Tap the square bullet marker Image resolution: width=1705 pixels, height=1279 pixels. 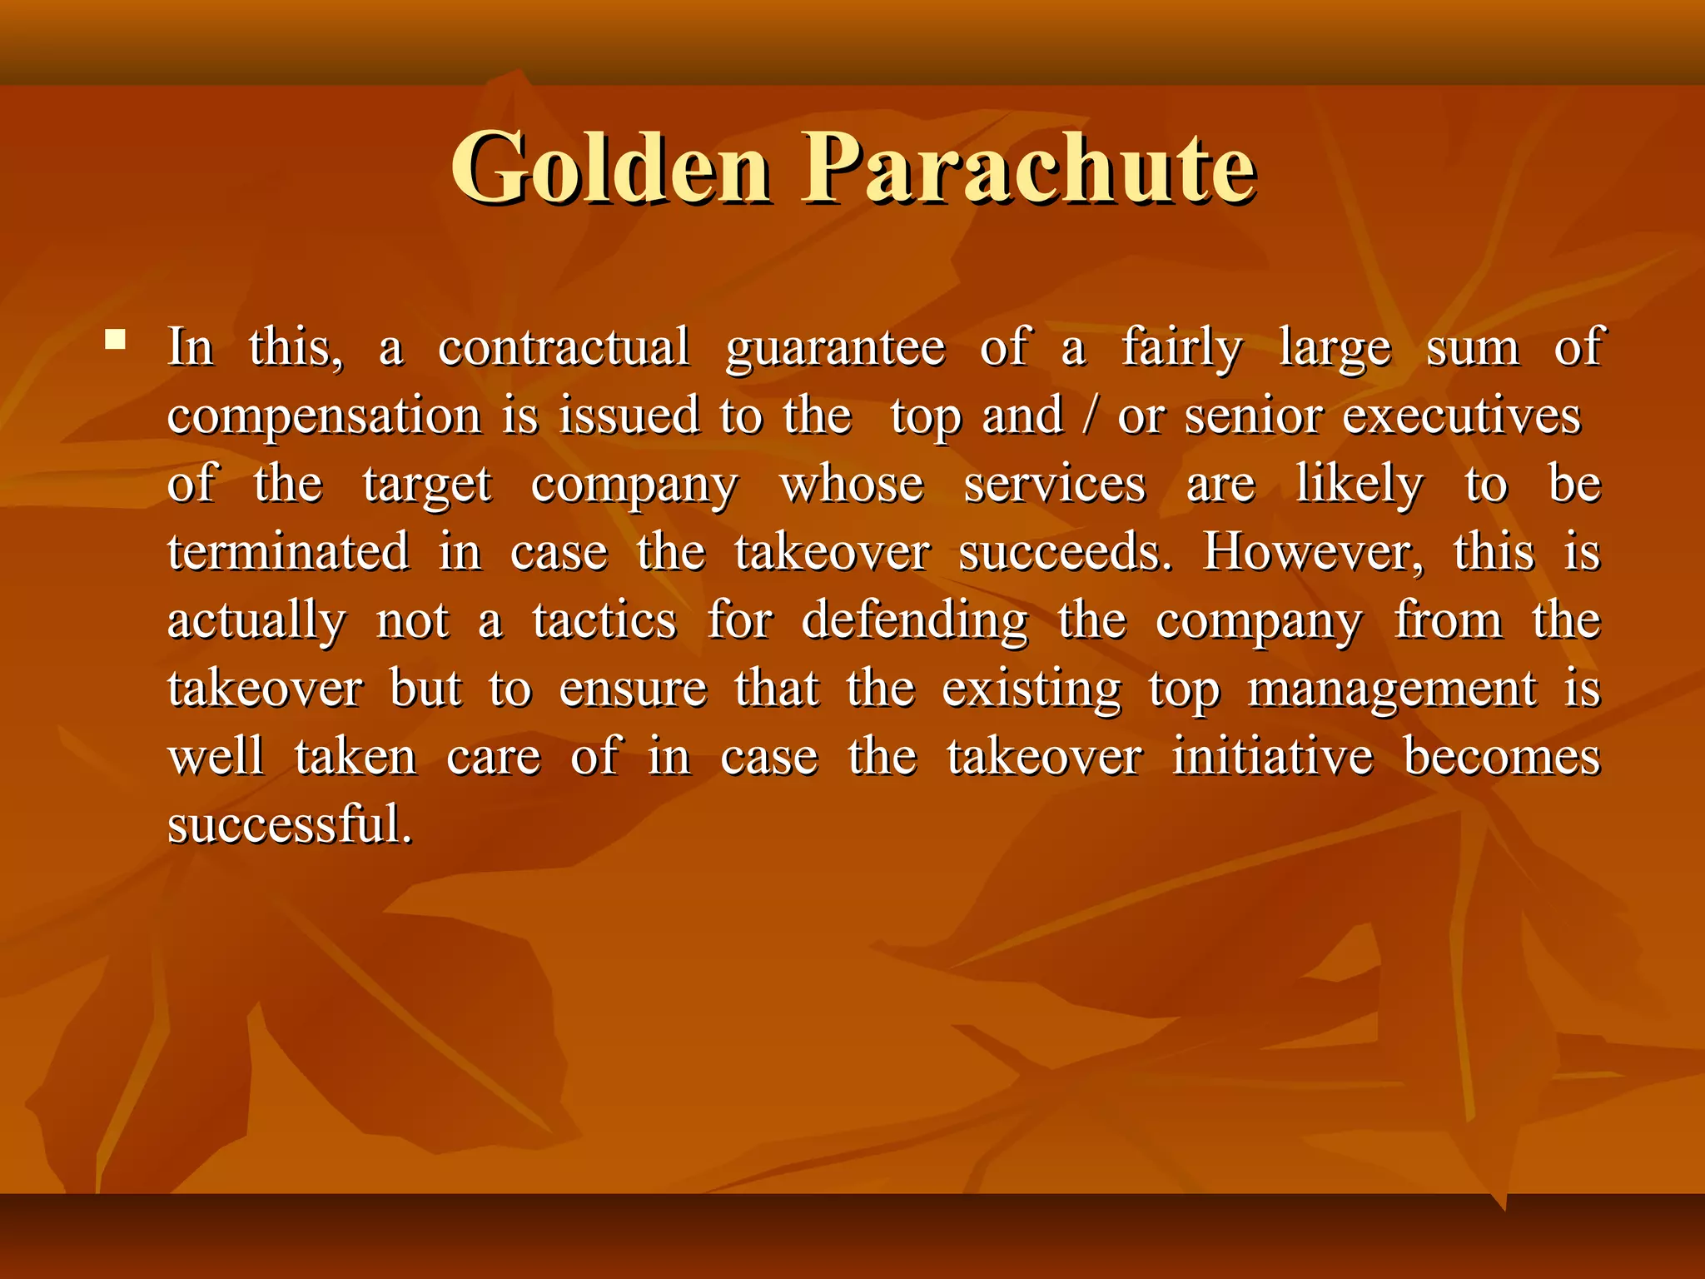pyautogui.click(x=116, y=340)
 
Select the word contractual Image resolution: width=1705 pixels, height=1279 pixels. pyautogui.click(x=564, y=347)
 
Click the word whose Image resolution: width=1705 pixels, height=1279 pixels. pyautogui.click(x=852, y=485)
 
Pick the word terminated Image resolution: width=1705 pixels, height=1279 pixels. pyautogui.click(x=288, y=552)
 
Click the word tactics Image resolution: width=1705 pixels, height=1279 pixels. pyautogui.click(x=604, y=620)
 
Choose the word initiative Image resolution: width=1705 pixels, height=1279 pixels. pyautogui.click(x=1273, y=757)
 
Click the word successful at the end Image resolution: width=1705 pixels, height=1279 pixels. pyautogui.click(x=290, y=825)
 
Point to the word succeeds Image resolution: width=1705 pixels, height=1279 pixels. pyautogui.click(x=1065, y=552)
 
